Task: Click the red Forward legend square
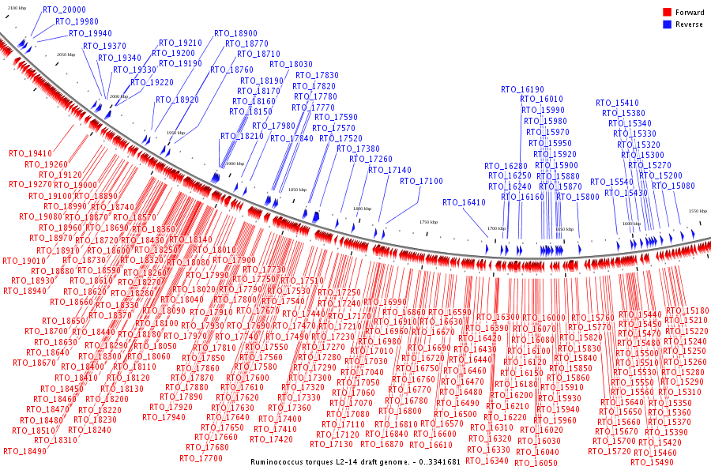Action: (x=667, y=12)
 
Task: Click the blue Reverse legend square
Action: (x=667, y=24)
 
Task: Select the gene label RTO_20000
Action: (x=64, y=9)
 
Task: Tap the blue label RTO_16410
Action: (x=464, y=202)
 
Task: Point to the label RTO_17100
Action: (x=421, y=181)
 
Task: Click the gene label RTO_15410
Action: (x=617, y=103)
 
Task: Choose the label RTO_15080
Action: (x=673, y=186)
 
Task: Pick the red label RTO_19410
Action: (x=30, y=153)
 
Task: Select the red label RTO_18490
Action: (x=24, y=451)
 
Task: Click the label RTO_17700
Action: (x=201, y=458)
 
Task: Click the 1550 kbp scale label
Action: (x=698, y=211)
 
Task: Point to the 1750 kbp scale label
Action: (x=428, y=222)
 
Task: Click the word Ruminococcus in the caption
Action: (x=279, y=461)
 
